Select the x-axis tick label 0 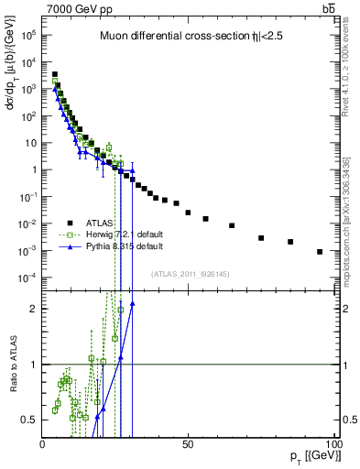coord(42,443)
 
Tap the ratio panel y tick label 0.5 coord(29,420)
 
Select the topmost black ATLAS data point coord(54,74)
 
